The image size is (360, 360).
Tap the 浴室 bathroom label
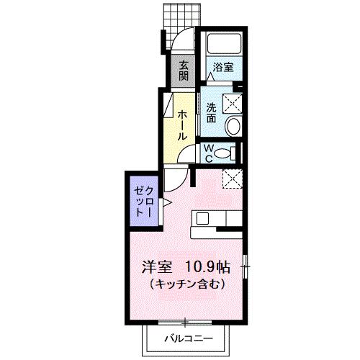pos(222,68)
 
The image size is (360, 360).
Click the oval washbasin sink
pos(234,128)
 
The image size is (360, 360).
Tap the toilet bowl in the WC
pos(225,152)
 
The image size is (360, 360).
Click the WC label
pos(207,152)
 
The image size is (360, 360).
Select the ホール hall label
pos(184,124)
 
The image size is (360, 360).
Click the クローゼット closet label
pos(144,204)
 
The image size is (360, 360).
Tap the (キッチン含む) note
pos(188,284)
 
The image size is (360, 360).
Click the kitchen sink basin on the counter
pos(202,218)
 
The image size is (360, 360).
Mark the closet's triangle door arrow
pos(165,204)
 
